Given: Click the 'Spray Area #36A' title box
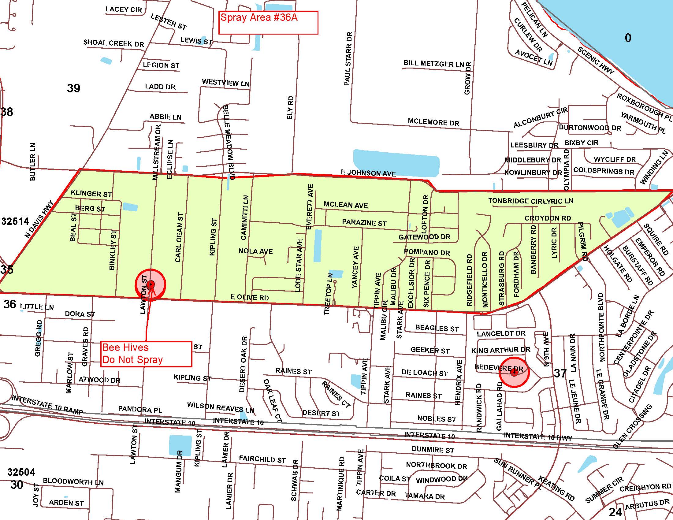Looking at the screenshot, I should point(268,22).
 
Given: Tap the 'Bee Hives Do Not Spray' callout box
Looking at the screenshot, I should point(146,354).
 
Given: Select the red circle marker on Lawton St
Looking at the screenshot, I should point(151,284).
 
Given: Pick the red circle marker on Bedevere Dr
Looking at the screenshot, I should point(514,373).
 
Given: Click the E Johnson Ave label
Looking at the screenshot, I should point(368,173).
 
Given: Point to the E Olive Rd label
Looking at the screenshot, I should point(250,297).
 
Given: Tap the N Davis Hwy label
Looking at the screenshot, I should point(39,219).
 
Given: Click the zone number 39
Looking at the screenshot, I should point(73,88).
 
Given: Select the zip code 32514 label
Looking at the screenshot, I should point(15,221).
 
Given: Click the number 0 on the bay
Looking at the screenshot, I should point(628,38).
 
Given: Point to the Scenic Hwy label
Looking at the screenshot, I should point(596,60).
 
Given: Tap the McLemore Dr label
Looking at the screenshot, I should point(433,122).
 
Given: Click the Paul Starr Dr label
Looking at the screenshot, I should point(348,58).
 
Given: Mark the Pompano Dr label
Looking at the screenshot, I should point(427,252).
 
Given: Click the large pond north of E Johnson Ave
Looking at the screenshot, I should point(396,163).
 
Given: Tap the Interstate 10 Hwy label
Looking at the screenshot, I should point(538,437).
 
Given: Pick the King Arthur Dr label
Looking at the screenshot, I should point(500,350).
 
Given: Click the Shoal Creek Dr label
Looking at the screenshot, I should point(113,43).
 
